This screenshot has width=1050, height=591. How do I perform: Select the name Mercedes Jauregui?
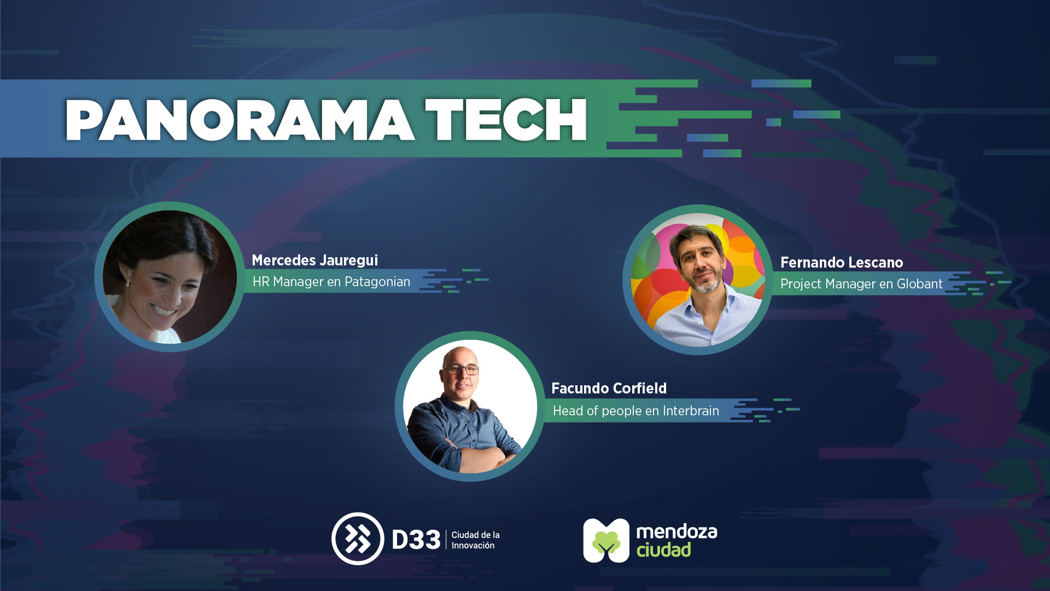pos(315,260)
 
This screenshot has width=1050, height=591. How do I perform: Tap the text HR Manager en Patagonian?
pos(331,282)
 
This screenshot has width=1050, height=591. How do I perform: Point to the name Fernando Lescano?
pos(842,263)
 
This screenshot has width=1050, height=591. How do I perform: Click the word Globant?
pos(919,284)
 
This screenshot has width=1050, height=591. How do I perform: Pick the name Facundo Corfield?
pos(609,389)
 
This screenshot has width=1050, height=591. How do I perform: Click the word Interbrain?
pos(691,411)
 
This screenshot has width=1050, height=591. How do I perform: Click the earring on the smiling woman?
pos(127,283)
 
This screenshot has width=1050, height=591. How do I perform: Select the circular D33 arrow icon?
pos(358,538)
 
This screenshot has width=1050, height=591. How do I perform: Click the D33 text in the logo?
pos(416,540)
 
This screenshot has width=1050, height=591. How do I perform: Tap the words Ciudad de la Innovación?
pos(475,540)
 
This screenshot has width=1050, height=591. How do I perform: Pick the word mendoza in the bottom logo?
pos(676,531)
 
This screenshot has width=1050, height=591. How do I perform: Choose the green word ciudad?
pos(663,549)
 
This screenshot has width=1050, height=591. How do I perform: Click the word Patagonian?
pos(377,282)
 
